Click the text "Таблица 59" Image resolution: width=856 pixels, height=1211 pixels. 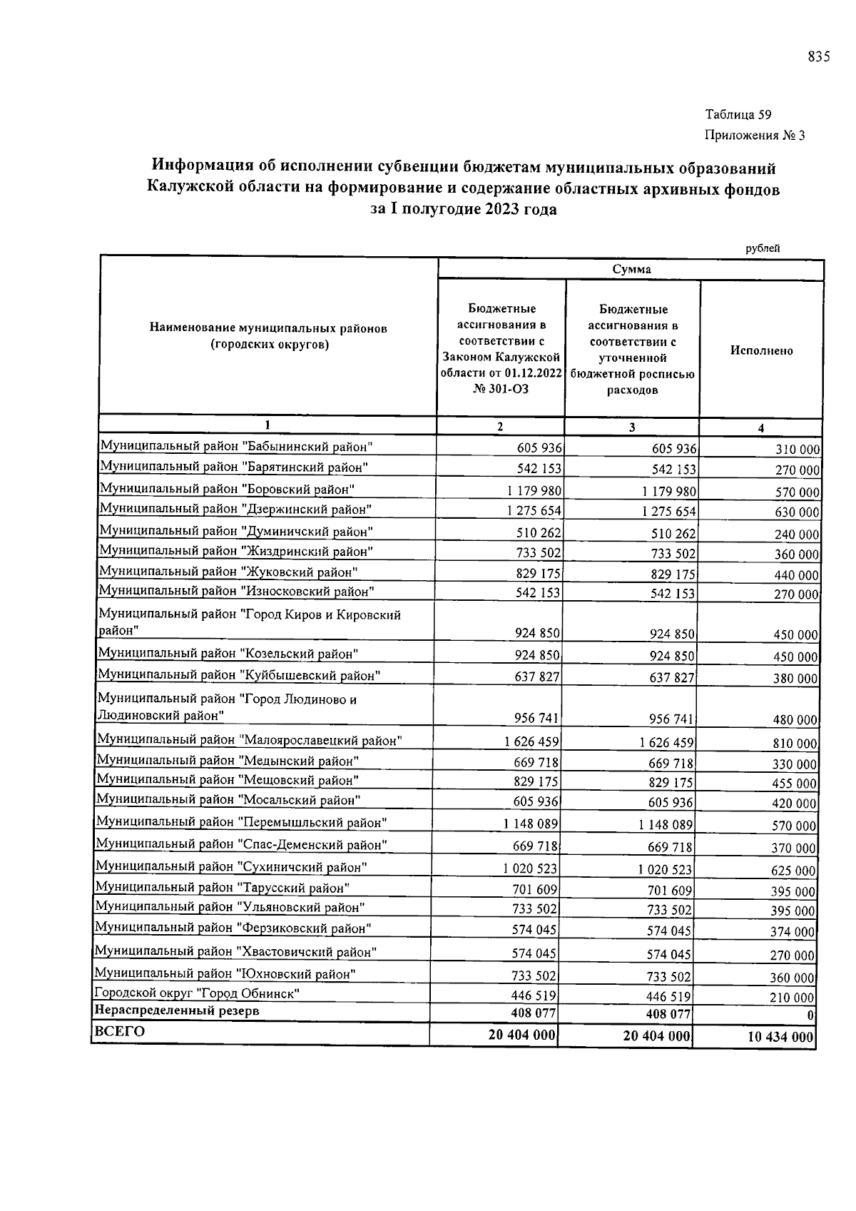(738, 114)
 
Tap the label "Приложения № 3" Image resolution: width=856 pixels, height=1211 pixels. (755, 136)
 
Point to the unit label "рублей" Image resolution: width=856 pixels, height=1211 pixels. (763, 248)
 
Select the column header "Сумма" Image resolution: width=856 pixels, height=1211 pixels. (631, 270)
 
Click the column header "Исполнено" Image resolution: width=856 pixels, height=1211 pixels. (761, 350)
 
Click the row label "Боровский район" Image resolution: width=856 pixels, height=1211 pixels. (227, 489)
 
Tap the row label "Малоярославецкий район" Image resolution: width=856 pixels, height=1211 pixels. (249, 740)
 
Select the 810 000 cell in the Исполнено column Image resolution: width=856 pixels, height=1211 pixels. (795, 744)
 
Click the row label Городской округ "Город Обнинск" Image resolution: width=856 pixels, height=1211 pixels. (197, 993)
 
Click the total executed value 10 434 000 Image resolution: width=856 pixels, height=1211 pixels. (780, 1038)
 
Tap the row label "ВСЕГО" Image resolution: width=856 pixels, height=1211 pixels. (119, 1032)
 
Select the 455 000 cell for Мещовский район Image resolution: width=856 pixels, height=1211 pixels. (795, 784)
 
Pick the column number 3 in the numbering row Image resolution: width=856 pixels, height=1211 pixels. (631, 427)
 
